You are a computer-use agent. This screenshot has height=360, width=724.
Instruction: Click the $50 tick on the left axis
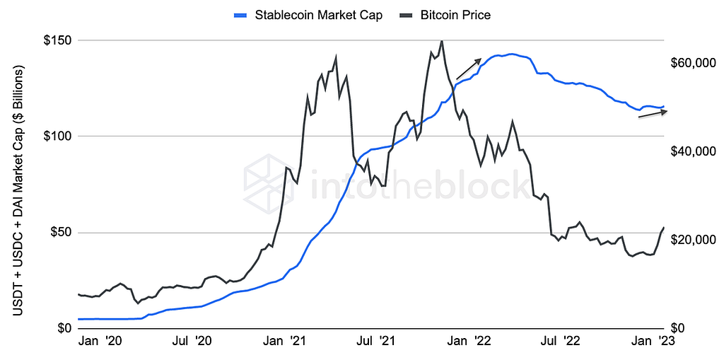[59, 233]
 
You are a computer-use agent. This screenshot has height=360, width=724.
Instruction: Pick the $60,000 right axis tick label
[694, 64]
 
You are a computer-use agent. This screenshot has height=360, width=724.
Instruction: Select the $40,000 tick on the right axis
[694, 152]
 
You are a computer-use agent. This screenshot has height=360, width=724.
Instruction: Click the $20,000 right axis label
[694, 240]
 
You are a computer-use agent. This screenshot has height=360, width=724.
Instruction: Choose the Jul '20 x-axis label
[191, 342]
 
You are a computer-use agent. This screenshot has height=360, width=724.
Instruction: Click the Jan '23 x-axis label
[653, 342]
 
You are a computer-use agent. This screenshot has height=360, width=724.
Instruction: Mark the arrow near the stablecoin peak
[469, 69]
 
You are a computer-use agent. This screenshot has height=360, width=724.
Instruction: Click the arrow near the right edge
[653, 114]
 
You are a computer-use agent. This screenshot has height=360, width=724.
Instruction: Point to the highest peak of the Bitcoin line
[442, 41]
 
